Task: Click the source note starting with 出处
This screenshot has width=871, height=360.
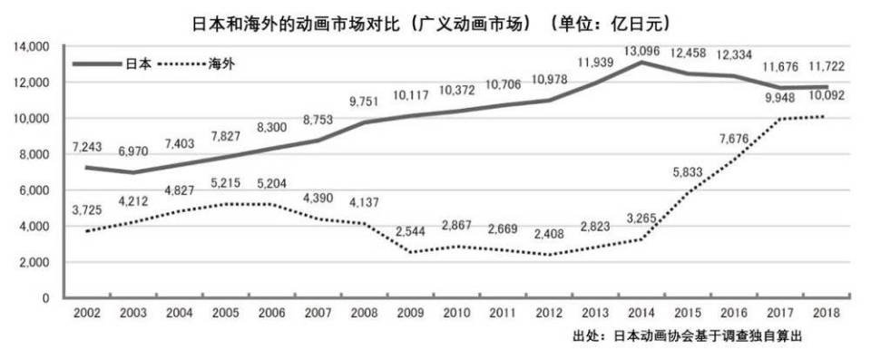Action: pyautogui.click(x=689, y=336)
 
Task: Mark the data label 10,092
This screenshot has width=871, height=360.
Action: pyautogui.click(x=828, y=93)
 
